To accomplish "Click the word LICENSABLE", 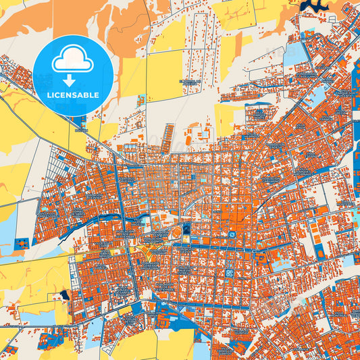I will pyautogui.click(x=72, y=95).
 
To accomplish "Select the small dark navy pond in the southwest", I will pyautogui.click(x=65, y=296).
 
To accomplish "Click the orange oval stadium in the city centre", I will pyautogui.click(x=174, y=233).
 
